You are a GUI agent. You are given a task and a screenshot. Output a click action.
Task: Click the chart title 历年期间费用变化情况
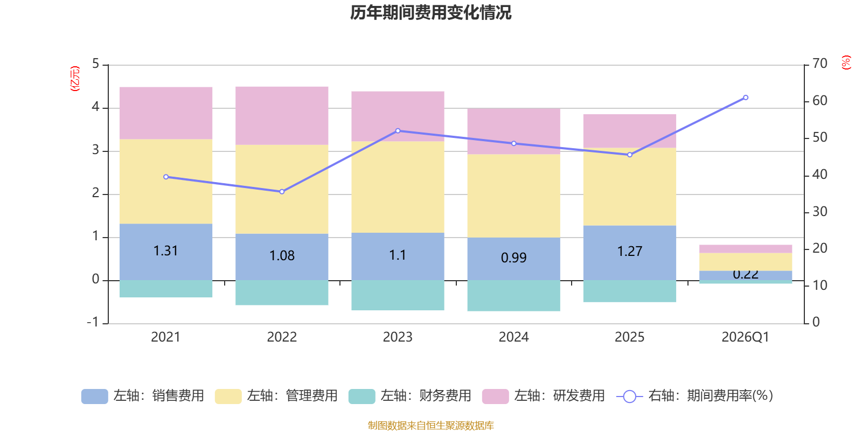click(x=430, y=12)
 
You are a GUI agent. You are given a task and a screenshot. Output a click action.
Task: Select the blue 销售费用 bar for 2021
click(x=165, y=264)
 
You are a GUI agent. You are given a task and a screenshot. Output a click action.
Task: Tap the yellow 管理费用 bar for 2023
click(x=398, y=187)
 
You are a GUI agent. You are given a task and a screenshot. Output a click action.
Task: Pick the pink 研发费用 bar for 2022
click(x=282, y=115)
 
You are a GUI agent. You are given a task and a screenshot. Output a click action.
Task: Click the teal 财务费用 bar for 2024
click(x=513, y=296)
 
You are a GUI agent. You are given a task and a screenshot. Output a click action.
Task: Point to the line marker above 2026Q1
click(x=746, y=98)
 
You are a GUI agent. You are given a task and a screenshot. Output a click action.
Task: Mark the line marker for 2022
click(x=282, y=192)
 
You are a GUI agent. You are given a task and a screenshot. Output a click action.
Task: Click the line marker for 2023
click(x=398, y=131)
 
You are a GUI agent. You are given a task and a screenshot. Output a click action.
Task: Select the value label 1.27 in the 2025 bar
click(x=629, y=252)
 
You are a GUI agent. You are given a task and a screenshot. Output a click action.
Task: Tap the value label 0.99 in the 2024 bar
click(x=513, y=258)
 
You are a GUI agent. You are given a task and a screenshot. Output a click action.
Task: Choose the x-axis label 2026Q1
click(x=745, y=337)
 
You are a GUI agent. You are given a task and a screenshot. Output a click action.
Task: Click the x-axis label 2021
click(x=165, y=337)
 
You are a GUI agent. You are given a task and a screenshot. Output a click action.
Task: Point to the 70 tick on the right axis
click(x=819, y=64)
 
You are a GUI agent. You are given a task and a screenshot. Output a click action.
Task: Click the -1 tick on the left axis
click(x=93, y=322)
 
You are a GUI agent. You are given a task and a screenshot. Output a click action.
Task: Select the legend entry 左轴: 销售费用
click(x=143, y=396)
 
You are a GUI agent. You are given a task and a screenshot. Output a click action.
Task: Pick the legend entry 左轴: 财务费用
click(x=410, y=396)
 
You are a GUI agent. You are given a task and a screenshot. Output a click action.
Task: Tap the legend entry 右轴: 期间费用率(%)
click(x=694, y=396)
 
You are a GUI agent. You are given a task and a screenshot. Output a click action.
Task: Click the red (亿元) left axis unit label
click(x=75, y=79)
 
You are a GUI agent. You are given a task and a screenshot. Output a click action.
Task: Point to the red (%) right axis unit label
click(x=846, y=62)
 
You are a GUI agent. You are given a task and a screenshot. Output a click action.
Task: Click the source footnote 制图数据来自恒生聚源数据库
click(x=430, y=426)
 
